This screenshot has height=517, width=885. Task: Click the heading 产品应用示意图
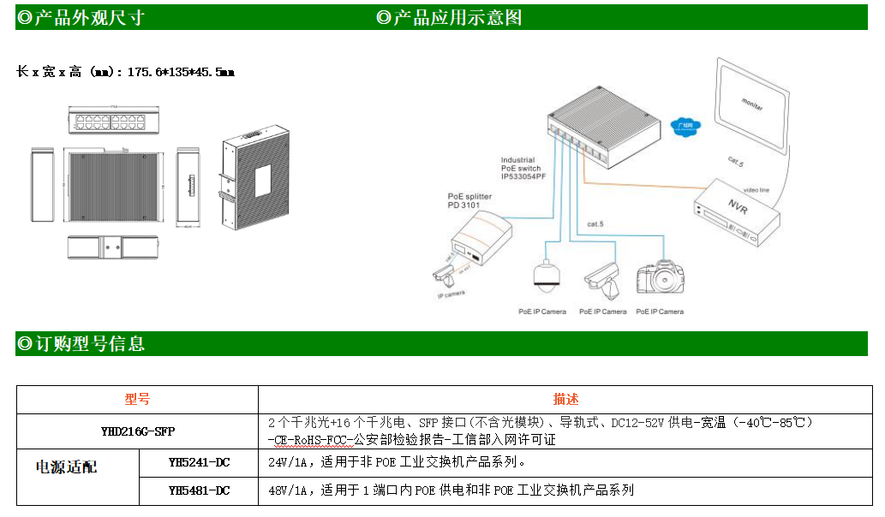pyautogui.click(x=455, y=18)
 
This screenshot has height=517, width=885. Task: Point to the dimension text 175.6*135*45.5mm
pyautogui.click(x=181, y=73)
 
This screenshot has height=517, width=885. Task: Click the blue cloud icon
pyautogui.click(x=685, y=125)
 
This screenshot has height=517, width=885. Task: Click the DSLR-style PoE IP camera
pyautogui.click(x=660, y=278)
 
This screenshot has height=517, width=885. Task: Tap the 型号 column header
pyautogui.click(x=137, y=399)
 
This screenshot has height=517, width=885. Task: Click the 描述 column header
pyautogui.click(x=565, y=399)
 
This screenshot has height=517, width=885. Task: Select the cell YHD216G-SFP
pyautogui.click(x=137, y=431)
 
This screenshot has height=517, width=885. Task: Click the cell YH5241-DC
pyautogui.click(x=199, y=463)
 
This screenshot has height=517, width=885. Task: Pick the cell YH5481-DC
pyautogui.click(x=199, y=490)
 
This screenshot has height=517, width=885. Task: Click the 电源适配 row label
pyautogui.click(x=66, y=467)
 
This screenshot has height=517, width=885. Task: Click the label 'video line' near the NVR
pyautogui.click(x=756, y=189)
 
